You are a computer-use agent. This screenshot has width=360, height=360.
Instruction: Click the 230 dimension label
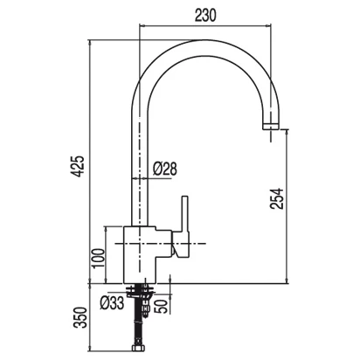205,16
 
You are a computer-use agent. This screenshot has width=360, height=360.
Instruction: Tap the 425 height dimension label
78,166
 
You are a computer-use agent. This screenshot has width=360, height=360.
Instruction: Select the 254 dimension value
276,198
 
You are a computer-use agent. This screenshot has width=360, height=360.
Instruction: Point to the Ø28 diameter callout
165,169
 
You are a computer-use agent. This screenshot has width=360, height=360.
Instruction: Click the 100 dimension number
98,259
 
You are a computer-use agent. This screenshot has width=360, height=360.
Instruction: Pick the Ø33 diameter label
112,303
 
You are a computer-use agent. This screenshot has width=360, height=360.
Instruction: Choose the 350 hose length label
80,318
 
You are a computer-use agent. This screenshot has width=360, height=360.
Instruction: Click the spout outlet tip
271,126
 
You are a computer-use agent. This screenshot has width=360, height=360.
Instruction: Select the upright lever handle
185,213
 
